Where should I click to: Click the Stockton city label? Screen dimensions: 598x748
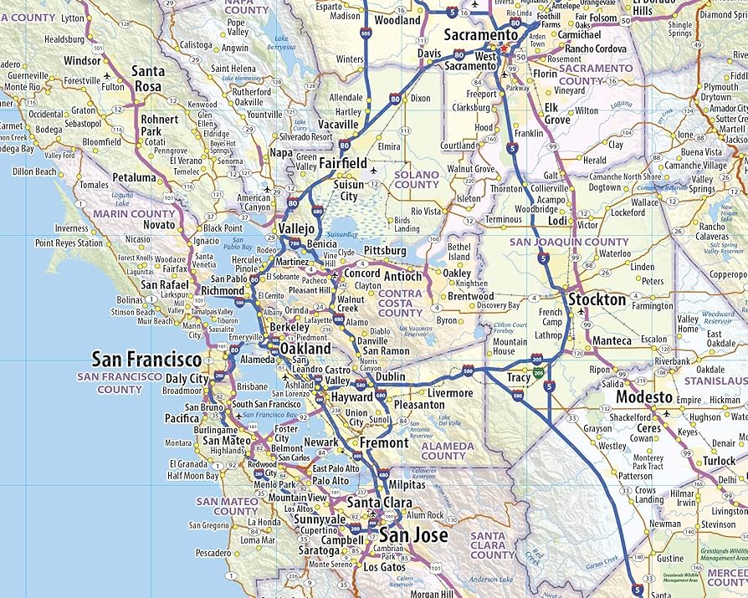click(x=597, y=299)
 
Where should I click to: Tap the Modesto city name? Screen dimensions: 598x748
click(x=644, y=396)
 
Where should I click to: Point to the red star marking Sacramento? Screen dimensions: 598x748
click(x=505, y=48)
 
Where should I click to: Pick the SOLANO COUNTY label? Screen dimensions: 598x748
click(x=416, y=179)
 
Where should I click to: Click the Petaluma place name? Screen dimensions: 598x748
click(x=134, y=177)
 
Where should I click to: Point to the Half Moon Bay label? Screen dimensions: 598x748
click(x=192, y=476)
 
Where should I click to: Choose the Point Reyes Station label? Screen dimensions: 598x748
click(x=69, y=243)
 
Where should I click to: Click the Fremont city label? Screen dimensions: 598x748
click(x=383, y=442)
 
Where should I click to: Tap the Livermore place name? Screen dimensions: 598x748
click(x=449, y=393)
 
